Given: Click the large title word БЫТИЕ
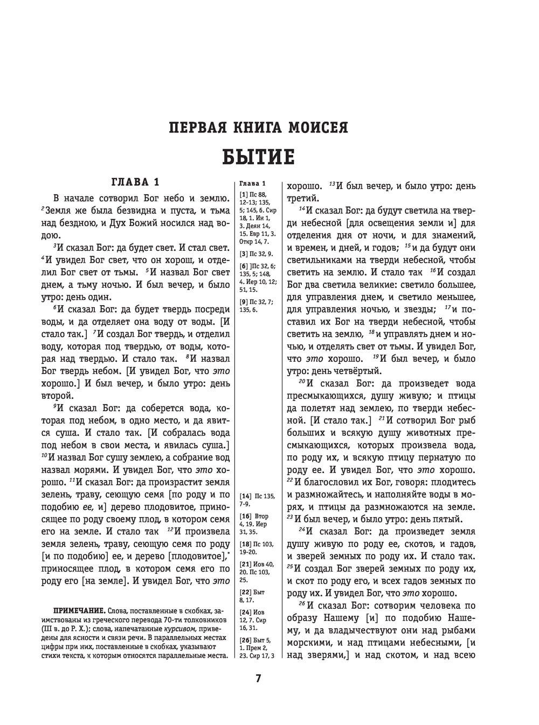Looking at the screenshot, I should click(258, 157).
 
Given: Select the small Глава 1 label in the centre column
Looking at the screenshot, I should click(252, 184).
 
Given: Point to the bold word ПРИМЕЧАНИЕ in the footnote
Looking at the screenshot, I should click(79, 611).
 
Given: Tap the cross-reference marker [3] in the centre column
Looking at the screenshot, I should click(244, 253).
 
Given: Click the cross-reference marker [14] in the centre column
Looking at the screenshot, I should click(245, 495).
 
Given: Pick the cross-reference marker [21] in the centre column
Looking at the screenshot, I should click(245, 565).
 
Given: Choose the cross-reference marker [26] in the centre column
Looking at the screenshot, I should click(245, 640).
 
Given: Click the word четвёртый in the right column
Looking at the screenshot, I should click(358, 370).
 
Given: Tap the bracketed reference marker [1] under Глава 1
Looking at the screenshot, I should click(244, 194).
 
